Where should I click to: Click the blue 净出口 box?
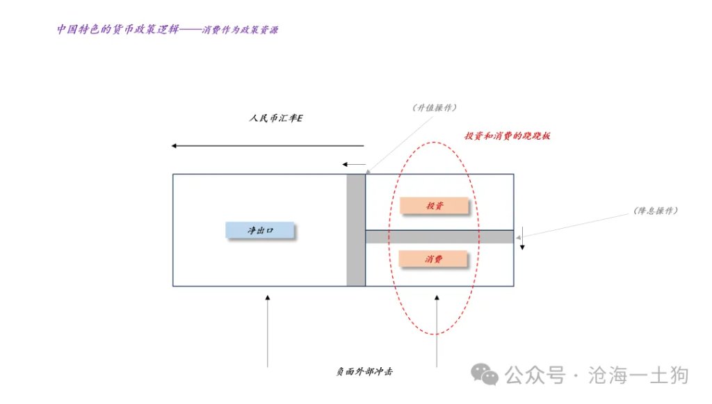[260, 230]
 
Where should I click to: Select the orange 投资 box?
[434, 205]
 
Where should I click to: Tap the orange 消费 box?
[432, 259]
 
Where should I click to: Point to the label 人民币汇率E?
[275, 118]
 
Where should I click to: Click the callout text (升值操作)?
[435, 108]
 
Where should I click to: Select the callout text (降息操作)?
[656, 211]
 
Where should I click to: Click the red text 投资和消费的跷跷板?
[507, 136]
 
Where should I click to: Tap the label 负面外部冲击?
[364, 371]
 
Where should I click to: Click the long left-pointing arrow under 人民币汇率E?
[268, 146]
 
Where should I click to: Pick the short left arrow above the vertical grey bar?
[354, 164]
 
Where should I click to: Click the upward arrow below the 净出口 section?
[268, 331]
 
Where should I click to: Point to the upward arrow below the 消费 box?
[437, 331]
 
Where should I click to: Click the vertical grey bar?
[356, 230]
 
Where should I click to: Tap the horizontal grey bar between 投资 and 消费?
[439, 236]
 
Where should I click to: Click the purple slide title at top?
[168, 29]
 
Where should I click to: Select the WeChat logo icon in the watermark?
[484, 375]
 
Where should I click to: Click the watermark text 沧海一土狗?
[638, 375]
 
